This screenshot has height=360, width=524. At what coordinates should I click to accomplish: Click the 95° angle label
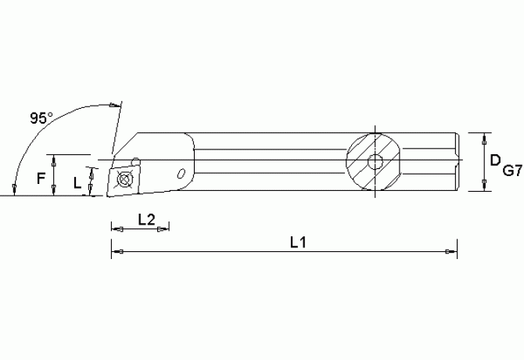click(41, 118)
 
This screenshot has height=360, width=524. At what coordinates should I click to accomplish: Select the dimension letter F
click(41, 178)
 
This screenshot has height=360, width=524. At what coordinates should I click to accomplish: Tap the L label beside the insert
click(77, 182)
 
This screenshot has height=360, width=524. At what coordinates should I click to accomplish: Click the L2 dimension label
click(145, 220)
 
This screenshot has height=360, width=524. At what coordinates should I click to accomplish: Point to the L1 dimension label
click(298, 243)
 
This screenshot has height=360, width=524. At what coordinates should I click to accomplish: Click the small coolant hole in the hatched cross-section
click(376, 162)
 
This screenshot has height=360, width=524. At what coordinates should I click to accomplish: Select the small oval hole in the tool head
click(182, 173)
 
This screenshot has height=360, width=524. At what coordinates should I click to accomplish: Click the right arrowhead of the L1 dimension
click(450, 252)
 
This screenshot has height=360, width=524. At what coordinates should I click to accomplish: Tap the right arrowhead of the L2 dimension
click(164, 229)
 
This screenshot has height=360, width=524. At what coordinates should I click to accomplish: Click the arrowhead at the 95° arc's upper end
click(116, 105)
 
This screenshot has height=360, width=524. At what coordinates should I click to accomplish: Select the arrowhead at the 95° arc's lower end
click(15, 189)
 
